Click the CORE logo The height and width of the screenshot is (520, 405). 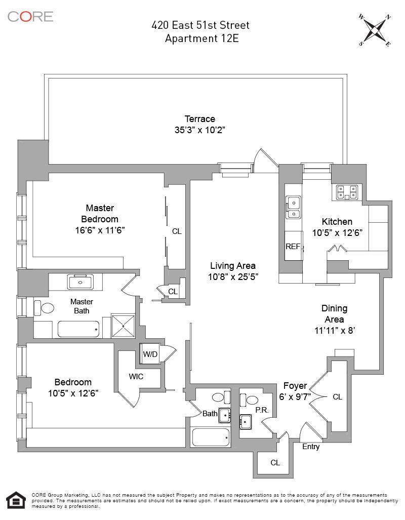pos(30,16)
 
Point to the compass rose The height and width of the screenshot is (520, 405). pos(375,30)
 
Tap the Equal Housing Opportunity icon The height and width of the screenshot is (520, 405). pos(16,501)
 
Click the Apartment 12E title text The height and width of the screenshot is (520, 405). pos(201,38)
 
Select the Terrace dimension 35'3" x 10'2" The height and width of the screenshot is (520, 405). pos(199,130)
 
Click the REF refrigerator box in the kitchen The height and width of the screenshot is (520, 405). pos(293,247)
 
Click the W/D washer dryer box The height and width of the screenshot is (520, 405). pos(150,354)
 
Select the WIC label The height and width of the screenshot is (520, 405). pos(136,376)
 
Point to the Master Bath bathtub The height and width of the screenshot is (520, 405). pos(78,329)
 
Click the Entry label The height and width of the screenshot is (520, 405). pos(311,447)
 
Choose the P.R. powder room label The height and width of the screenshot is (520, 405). pos(261,409)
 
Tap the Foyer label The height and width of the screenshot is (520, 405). pos(295,386)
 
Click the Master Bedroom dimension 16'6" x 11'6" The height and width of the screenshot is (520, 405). pos(99,230)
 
